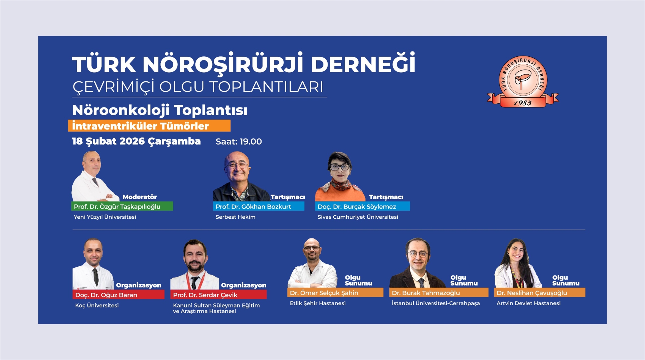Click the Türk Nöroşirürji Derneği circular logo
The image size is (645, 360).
pyautogui.click(x=523, y=81)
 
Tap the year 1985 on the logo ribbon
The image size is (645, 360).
pyautogui.click(x=523, y=103)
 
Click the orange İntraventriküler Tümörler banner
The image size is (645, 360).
pyautogui.click(x=149, y=126)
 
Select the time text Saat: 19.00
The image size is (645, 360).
pyautogui.click(x=238, y=142)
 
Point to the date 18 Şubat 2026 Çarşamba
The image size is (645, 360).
pyautogui.click(x=136, y=141)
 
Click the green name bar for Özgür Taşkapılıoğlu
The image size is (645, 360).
pyautogui.click(x=122, y=206)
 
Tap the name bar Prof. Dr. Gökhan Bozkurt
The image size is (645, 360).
pyautogui.click(x=259, y=206)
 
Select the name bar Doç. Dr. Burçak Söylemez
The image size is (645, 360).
pyautogui.click(x=362, y=206)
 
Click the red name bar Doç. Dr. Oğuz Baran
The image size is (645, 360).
pyautogui.click(x=118, y=295)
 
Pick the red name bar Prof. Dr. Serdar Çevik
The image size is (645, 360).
pyautogui.click(x=218, y=295)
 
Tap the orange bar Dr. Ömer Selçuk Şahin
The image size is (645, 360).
pyautogui.click(x=335, y=293)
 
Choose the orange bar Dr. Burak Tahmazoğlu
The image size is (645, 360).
pyautogui.click(x=439, y=293)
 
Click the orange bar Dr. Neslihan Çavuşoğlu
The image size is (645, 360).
pyautogui.click(x=539, y=293)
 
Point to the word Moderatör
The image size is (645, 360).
pyautogui.click(x=139, y=197)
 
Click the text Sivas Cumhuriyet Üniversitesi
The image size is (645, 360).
pyautogui.click(x=358, y=217)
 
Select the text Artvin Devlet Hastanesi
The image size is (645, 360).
pyautogui.click(x=528, y=303)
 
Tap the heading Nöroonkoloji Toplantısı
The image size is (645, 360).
pyautogui.click(x=160, y=110)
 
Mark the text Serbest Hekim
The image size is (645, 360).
pyautogui.click(x=235, y=217)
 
